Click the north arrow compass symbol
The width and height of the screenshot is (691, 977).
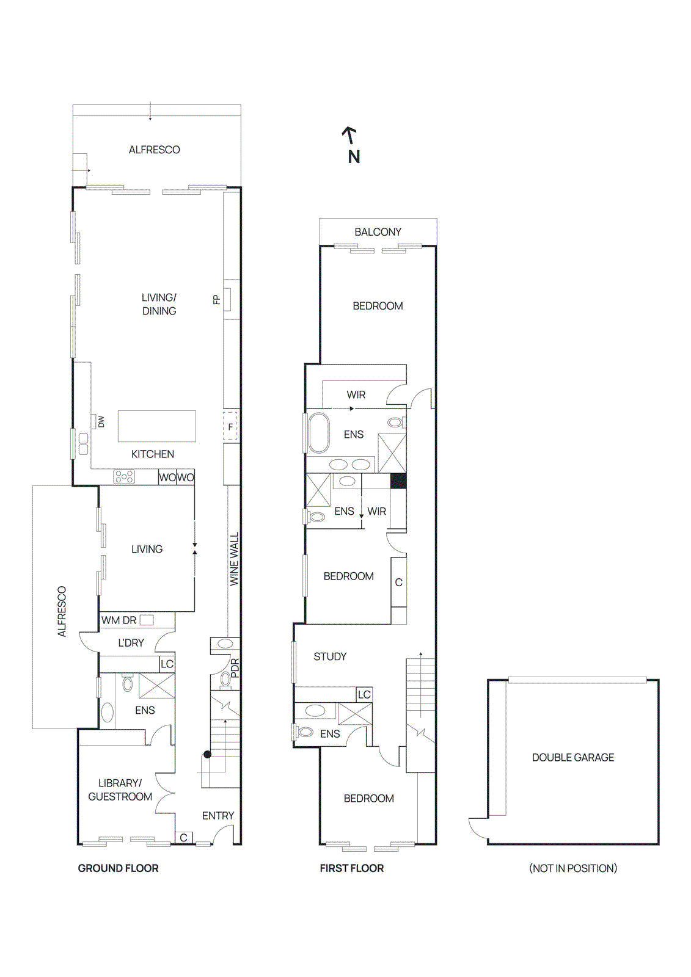pyautogui.click(x=351, y=145)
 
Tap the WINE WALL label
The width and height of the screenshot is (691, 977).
pyautogui.click(x=234, y=559)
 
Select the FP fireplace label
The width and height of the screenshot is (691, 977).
pyautogui.click(x=216, y=299)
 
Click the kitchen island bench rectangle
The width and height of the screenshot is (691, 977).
pyautogui.click(x=157, y=426)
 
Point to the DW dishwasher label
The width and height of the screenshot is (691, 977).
pyautogui.click(x=101, y=421)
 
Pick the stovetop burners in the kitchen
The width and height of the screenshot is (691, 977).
pyautogui.click(x=124, y=477)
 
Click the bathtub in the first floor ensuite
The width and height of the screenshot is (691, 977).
pyautogui.click(x=318, y=433)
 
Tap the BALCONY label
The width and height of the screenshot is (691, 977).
pyautogui.click(x=378, y=232)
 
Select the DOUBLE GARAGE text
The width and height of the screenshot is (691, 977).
pyautogui.click(x=572, y=757)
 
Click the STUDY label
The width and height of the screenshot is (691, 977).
pyautogui.click(x=330, y=656)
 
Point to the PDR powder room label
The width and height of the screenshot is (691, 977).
pyautogui.click(x=235, y=667)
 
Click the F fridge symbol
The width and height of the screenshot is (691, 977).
pyautogui.click(x=230, y=426)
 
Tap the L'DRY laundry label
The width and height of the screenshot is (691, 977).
pyautogui.click(x=131, y=642)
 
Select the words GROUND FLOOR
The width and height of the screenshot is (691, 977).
pyautogui.click(x=118, y=868)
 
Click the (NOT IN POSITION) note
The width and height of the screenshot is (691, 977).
pyautogui.click(x=572, y=868)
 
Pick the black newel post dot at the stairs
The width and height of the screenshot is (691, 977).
pyautogui.click(x=208, y=755)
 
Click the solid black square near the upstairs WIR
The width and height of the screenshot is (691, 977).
pyautogui.click(x=398, y=481)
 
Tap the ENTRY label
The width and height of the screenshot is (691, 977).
pyautogui.click(x=218, y=815)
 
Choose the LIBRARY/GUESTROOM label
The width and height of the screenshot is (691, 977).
pyautogui.click(x=120, y=790)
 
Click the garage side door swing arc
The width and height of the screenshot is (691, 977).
pyautogui.click(x=477, y=827)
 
